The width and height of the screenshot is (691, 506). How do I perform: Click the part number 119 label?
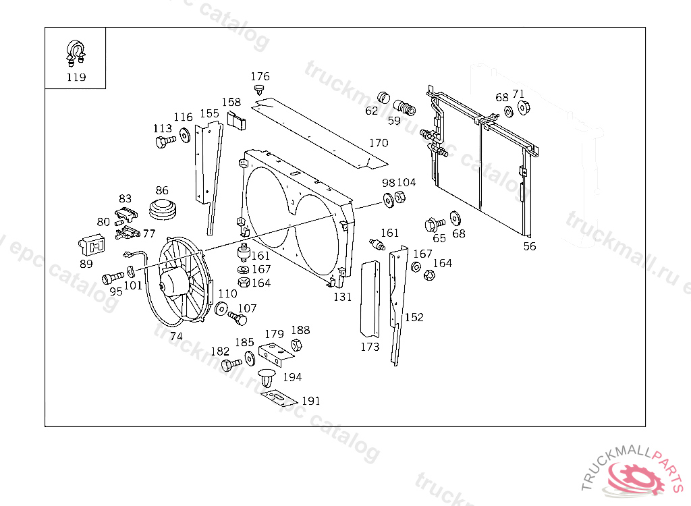(76, 77)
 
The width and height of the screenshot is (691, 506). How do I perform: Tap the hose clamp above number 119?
(76, 51)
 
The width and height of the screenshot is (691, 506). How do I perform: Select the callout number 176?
(260, 76)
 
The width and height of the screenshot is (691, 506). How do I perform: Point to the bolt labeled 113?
(163, 142)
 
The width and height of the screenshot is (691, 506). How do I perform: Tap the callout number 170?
(379, 143)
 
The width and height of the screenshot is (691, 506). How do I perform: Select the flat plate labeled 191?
(279, 397)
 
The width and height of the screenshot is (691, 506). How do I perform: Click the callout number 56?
(530, 246)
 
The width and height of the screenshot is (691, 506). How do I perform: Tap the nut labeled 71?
(524, 108)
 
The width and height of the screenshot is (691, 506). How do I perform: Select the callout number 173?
(370, 347)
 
